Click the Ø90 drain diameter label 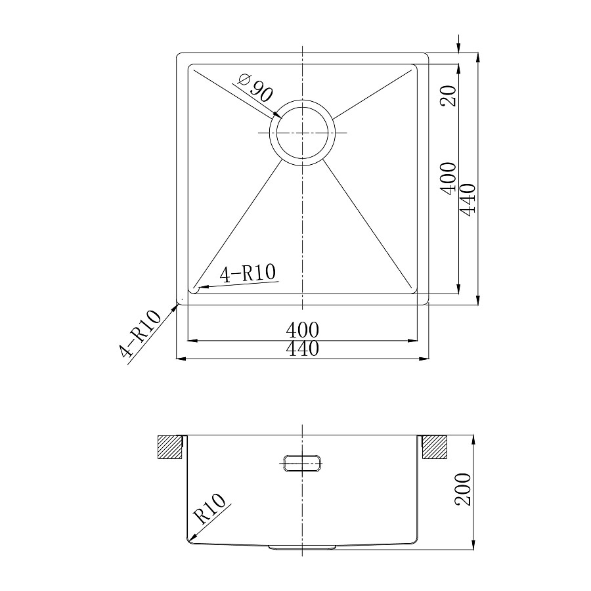[x=255, y=89]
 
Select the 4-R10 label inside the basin [x=248, y=273]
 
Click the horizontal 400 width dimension [x=302, y=330]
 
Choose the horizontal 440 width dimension [x=302, y=349]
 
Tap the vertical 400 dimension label [x=449, y=179]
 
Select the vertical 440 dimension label [x=468, y=200]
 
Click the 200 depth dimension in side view [x=463, y=489]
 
